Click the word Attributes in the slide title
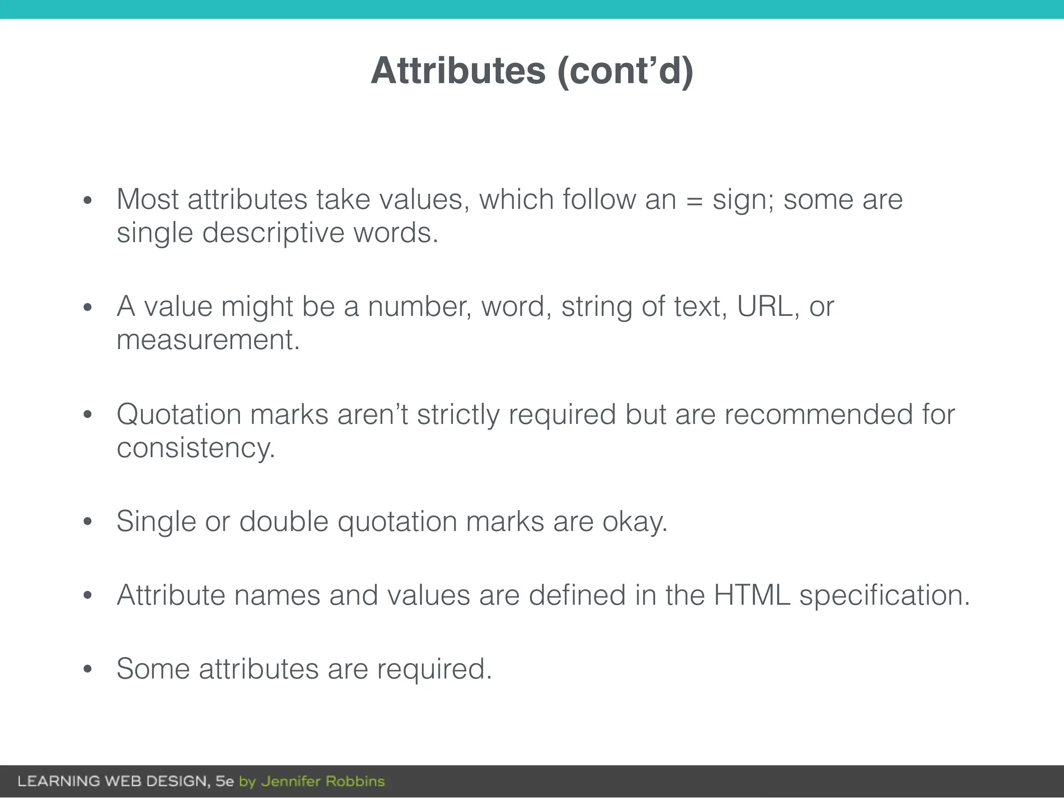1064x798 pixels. click(458, 71)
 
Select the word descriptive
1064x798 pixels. click(273, 233)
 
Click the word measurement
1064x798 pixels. click(208, 340)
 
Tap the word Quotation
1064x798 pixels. click(178, 415)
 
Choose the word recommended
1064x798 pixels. click(818, 415)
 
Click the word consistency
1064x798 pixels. click(195, 448)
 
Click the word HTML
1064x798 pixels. click(752, 595)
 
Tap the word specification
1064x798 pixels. click(884, 595)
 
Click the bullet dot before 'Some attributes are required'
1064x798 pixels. click(87, 670)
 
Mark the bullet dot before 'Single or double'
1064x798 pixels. click(87, 522)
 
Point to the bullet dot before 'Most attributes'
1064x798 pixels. click(87, 201)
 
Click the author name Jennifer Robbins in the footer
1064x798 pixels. click(323, 781)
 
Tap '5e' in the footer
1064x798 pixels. click(225, 781)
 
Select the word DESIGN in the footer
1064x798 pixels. click(177, 781)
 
